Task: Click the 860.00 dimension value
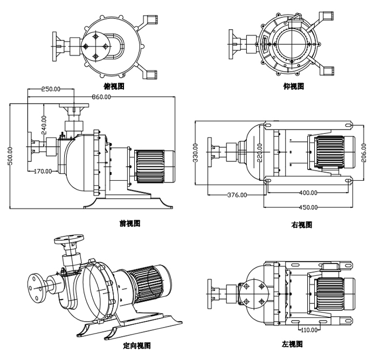101,97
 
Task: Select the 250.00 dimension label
51,89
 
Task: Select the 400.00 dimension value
308,193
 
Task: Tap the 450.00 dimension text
308,207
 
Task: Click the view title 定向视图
136,345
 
